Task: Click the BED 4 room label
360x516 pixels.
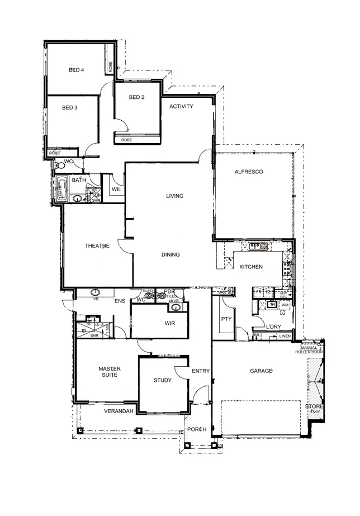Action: click(x=76, y=70)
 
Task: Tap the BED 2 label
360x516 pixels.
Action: click(x=136, y=97)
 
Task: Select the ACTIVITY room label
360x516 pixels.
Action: click(x=181, y=106)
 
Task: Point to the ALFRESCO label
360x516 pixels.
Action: click(x=249, y=172)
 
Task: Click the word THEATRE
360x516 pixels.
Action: click(x=96, y=246)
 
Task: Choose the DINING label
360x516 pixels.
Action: click(x=170, y=255)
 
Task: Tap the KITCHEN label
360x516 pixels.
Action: click(x=251, y=267)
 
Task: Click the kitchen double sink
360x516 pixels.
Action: click(x=258, y=245)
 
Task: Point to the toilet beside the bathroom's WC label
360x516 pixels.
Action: click(x=60, y=165)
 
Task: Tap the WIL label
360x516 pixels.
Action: click(x=116, y=190)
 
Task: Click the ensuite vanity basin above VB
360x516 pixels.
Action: click(x=96, y=292)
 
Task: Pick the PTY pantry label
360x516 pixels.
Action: click(x=226, y=319)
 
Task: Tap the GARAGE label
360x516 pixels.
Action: click(x=261, y=371)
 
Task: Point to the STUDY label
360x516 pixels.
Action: click(x=163, y=381)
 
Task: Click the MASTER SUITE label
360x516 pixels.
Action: click(x=106, y=373)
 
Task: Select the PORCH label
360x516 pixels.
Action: click(x=197, y=429)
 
